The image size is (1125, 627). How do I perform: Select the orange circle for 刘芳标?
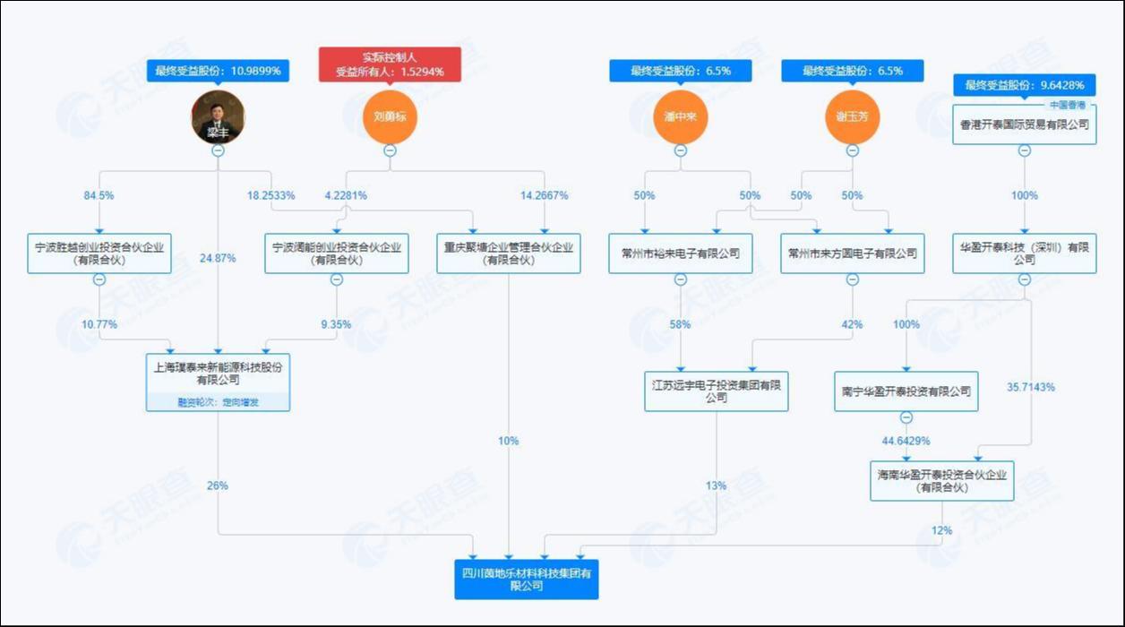pos(390,117)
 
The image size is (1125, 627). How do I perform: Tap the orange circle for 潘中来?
pos(680,117)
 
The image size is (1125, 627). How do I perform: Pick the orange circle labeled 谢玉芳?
pos(852,117)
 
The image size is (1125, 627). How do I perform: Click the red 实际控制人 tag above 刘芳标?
pos(390,64)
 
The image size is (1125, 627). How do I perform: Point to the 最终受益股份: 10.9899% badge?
pos(218,71)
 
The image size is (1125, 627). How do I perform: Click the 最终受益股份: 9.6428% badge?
pos(1025,86)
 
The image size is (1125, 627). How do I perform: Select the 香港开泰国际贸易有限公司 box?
pos(1025,125)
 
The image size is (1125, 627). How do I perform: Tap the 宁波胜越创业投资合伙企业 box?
pos(99,253)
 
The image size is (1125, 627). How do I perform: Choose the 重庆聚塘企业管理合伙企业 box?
pos(509,253)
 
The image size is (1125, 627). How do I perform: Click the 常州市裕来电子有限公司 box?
pos(680,253)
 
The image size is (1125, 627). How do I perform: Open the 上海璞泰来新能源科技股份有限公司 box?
pos(218,374)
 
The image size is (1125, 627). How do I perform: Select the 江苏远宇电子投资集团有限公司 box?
pos(717,391)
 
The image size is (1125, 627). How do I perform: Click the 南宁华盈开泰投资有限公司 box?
pos(906,391)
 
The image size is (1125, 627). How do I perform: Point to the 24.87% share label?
pos(219,258)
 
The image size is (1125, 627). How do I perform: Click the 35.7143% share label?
pos(1031,388)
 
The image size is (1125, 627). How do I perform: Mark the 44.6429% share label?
pos(906,441)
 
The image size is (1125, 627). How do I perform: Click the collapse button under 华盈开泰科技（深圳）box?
pos(1025,279)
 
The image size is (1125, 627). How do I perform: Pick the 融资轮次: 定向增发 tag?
pos(218,403)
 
